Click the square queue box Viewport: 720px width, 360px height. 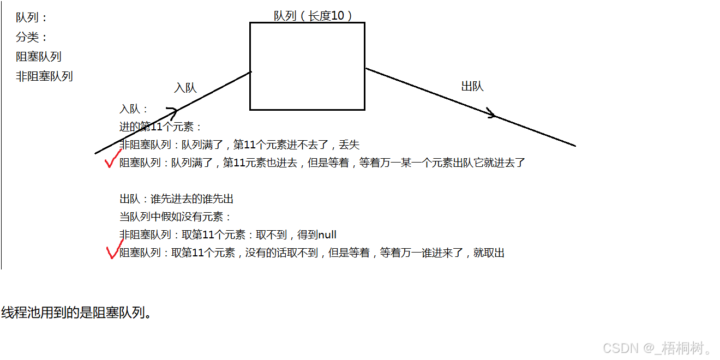coord(307,66)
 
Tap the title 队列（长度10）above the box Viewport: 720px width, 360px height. coord(313,16)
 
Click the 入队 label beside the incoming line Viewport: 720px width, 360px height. coord(185,88)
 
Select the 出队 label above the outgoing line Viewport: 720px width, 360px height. coord(472,86)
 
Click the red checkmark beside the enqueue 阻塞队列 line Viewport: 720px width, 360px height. coord(112,160)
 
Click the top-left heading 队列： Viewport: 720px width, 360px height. coord(32,17)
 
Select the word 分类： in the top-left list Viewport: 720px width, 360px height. coord(32,37)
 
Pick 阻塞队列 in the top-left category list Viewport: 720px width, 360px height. coord(39,57)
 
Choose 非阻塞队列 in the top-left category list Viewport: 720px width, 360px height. coord(44,76)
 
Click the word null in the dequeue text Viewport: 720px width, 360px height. coord(327,235)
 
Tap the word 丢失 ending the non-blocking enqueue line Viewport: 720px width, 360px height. coord(350,145)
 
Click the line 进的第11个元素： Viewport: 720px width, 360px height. coord(161,127)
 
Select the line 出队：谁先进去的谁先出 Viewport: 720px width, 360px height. coord(177,199)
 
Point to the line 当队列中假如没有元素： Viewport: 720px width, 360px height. coord(176,217)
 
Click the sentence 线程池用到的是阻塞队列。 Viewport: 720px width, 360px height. coord(76,313)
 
